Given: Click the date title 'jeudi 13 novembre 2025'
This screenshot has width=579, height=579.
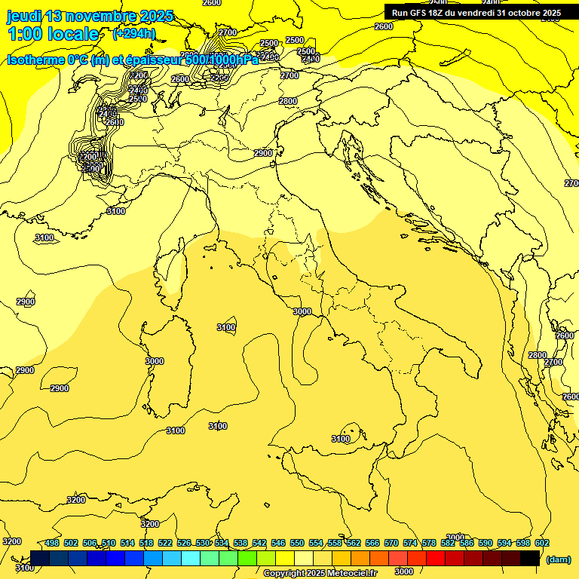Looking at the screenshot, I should coord(90,16).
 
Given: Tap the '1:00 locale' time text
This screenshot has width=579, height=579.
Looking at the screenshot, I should coord(54,34).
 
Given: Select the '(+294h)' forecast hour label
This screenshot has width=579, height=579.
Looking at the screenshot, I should coord(134,33).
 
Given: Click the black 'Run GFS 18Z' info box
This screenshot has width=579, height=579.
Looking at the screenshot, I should coord(476,13).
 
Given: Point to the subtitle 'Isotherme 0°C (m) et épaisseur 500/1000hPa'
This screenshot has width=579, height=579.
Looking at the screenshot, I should coord(133,60).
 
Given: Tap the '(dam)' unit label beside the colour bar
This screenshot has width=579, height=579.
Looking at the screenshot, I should coord(558,559).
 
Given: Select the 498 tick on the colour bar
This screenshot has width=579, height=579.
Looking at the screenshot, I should coord(52,543).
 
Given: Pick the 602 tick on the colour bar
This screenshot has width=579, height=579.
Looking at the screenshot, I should coord(541,543).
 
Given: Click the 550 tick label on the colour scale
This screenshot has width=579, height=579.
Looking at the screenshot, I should coord(297,543).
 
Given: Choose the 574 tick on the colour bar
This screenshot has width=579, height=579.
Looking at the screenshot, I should coord(410,543).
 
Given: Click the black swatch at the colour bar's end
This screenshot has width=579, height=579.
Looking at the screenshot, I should coord(530,558).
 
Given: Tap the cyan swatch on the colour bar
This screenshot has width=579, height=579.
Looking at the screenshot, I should coord(191,558).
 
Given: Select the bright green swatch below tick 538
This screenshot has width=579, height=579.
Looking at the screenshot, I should coord(247,558).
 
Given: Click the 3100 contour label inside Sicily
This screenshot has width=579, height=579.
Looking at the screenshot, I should coord(341,439).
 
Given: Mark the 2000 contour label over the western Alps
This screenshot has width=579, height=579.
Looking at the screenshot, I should coord(91,157).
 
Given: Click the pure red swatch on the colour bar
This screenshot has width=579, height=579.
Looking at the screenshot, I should coord(436,558).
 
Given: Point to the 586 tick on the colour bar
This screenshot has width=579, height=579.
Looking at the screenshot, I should coord(467,543).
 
